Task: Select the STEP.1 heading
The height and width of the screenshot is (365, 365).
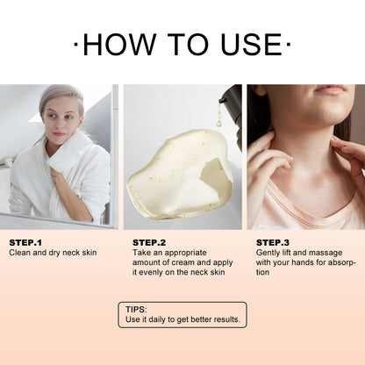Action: pyautogui.click(x=25, y=242)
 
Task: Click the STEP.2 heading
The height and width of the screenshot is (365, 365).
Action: pyautogui.click(x=149, y=242)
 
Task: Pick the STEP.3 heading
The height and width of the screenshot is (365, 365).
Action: pyautogui.click(x=273, y=242)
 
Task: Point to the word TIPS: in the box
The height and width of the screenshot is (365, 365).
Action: pyautogui.click(x=136, y=310)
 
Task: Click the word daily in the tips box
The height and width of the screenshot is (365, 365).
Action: pyautogui.click(x=158, y=319)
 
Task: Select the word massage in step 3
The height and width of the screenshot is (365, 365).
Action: pyautogui.click(x=326, y=254)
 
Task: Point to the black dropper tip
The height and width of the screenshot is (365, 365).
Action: pyautogui.click(x=223, y=100)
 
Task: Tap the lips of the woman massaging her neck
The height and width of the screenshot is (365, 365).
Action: pyautogui.click(x=331, y=89)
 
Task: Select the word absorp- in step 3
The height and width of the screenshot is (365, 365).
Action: pyautogui.click(x=341, y=263)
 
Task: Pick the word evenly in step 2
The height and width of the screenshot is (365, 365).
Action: pyautogui.click(x=150, y=273)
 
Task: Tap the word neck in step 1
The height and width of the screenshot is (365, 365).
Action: pyautogui.click(x=71, y=253)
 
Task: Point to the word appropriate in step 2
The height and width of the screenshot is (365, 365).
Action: pyautogui.click(x=186, y=254)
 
